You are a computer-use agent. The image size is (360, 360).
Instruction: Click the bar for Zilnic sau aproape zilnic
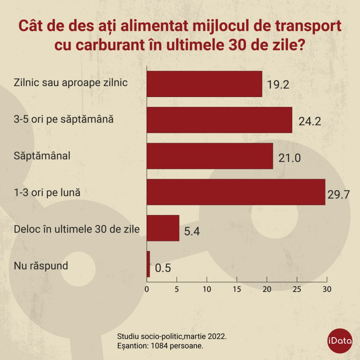point(204,84)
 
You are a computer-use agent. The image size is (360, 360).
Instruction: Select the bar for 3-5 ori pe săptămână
point(219,120)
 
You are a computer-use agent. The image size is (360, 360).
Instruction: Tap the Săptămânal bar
point(210,156)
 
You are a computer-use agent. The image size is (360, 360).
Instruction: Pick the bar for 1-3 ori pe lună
point(236,192)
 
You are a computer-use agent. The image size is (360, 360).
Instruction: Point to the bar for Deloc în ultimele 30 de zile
point(163,228)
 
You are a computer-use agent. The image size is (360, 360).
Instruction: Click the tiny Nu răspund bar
point(148,264)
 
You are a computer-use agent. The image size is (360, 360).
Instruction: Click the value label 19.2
point(278,85)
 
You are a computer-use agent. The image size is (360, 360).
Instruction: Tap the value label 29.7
point(339,194)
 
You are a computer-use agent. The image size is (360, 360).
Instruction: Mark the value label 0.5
point(163,268)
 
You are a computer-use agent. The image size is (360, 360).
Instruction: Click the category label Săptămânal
point(42,155)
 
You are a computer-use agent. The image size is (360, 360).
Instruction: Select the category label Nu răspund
point(41,265)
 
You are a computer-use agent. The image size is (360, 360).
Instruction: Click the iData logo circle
point(340,341)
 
